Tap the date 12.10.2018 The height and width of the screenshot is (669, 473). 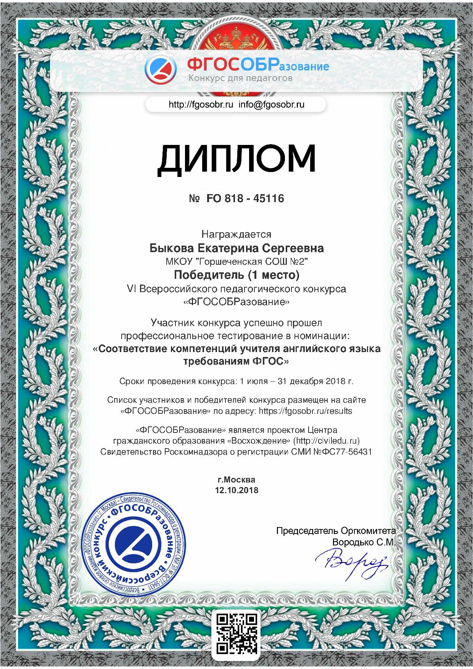[236, 490]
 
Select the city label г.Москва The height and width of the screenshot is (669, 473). [236, 479]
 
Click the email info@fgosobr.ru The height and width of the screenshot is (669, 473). [272, 105]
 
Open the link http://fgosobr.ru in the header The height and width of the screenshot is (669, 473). [201, 105]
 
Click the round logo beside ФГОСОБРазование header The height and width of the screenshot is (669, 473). [161, 70]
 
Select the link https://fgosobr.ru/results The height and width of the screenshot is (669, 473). [305, 411]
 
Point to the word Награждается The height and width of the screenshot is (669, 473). [236, 234]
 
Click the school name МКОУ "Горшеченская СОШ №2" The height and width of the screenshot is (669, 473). [236, 261]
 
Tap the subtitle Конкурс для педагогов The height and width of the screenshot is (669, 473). [240, 79]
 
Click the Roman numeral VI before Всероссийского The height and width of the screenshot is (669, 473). [131, 289]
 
